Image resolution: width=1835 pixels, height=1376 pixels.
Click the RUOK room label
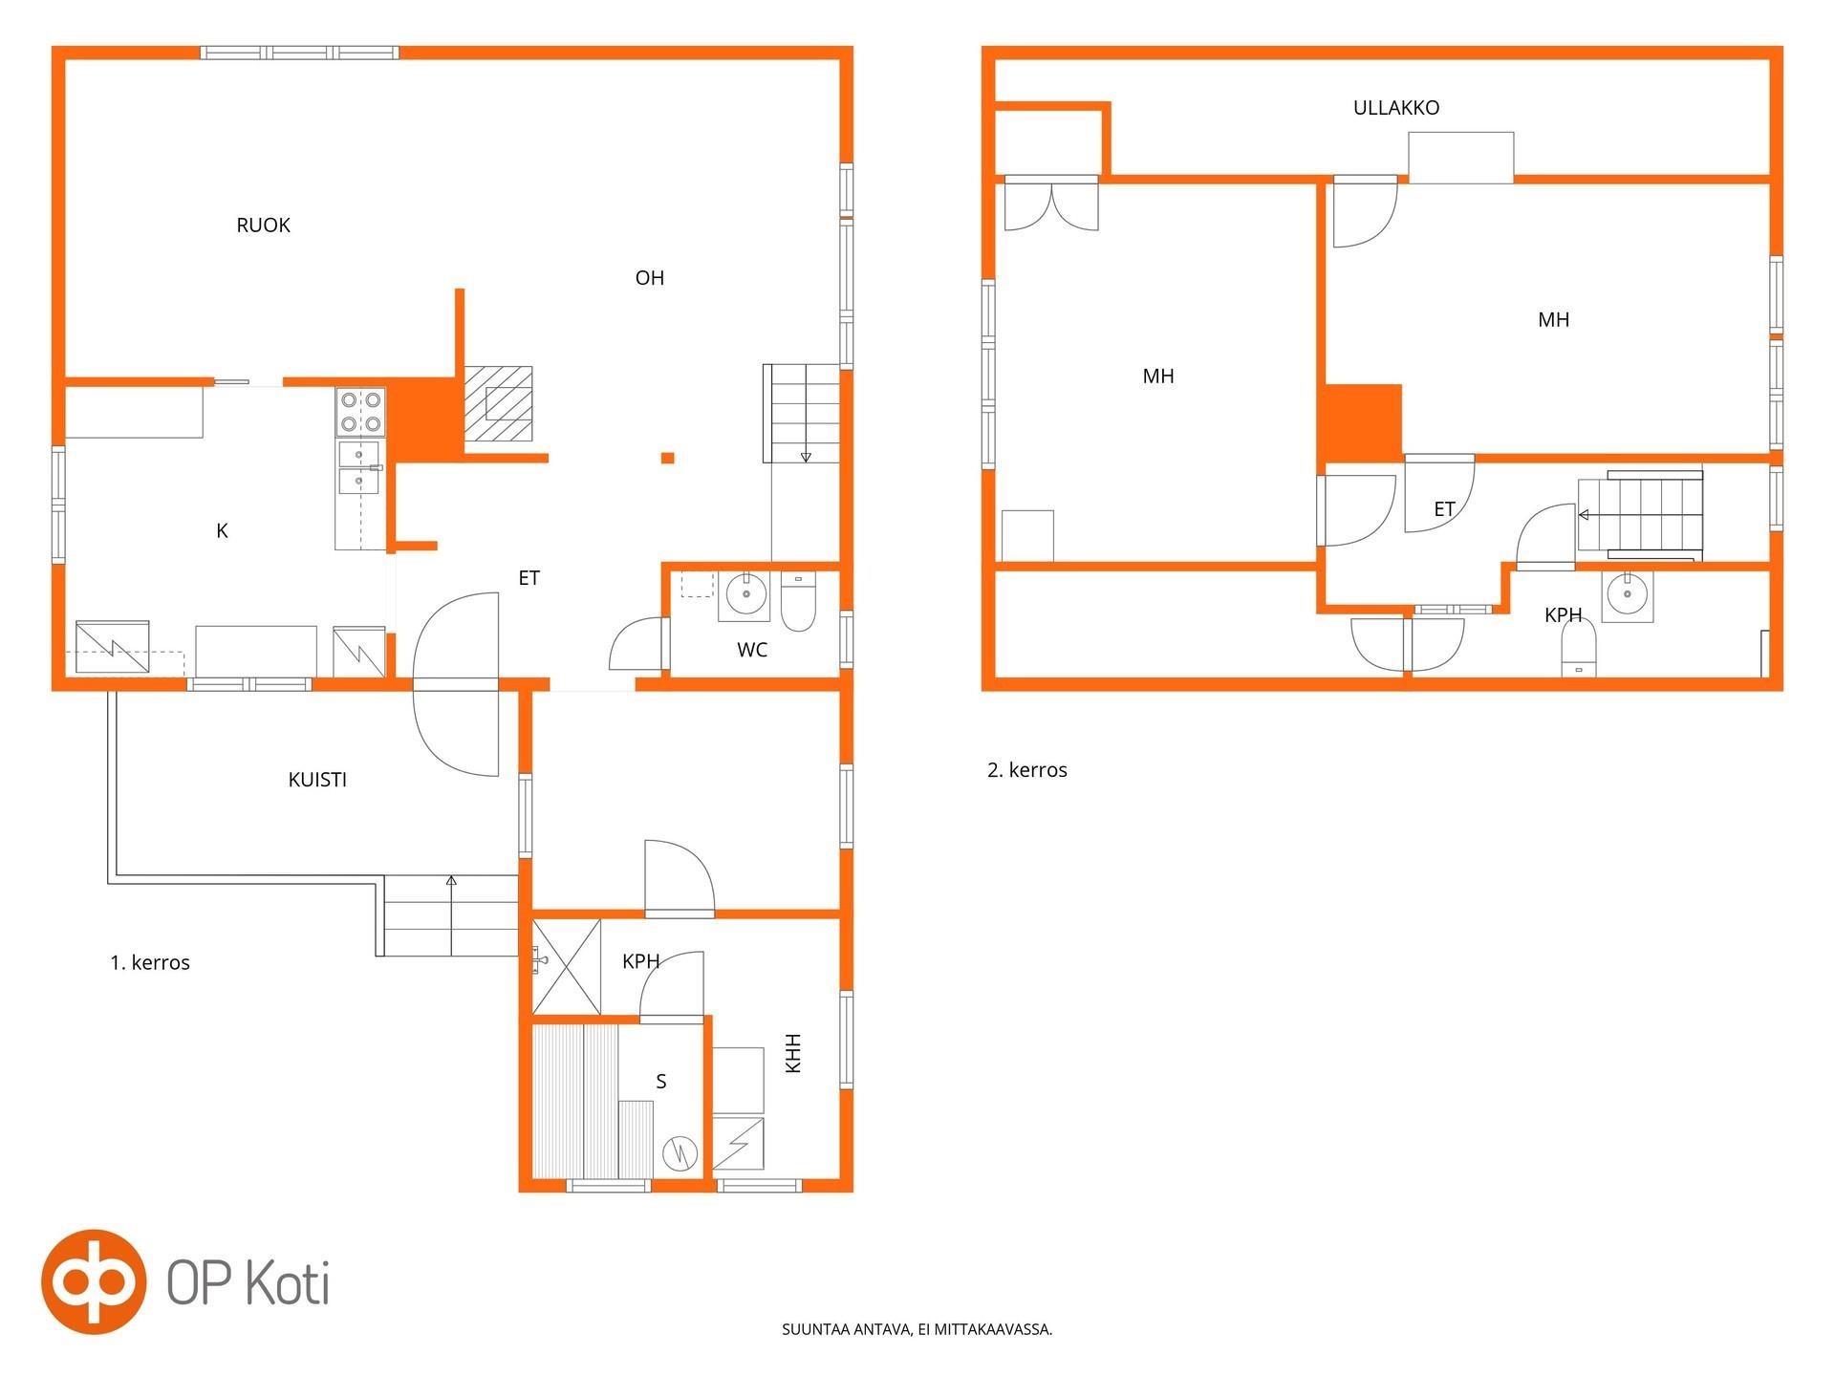click(263, 226)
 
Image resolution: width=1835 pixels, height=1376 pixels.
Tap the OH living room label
click(650, 278)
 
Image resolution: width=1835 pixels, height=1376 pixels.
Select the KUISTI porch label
click(317, 780)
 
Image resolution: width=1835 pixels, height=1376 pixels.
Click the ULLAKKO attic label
click(1396, 108)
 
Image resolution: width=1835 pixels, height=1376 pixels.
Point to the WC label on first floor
click(752, 650)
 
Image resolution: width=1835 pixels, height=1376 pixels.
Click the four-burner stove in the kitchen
click(360, 412)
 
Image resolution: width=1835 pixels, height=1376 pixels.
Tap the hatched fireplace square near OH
click(498, 404)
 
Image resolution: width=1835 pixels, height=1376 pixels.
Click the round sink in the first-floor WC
click(746, 594)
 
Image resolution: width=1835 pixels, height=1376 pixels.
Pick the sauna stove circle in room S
click(680, 1154)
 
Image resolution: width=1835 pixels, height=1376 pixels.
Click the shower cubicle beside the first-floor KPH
click(566, 967)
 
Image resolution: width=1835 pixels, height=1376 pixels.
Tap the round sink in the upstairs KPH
click(1627, 594)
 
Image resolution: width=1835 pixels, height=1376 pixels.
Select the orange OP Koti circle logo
click(94, 1281)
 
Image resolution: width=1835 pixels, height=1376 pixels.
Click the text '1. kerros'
click(150, 963)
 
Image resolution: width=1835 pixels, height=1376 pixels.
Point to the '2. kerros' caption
click(1027, 770)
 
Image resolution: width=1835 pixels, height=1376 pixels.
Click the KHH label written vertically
click(792, 1053)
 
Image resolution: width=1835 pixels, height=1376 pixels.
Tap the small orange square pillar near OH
click(668, 459)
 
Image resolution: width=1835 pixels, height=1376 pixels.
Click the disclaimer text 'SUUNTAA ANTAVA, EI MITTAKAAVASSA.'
click(917, 1329)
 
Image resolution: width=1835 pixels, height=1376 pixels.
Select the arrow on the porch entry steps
click(451, 915)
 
